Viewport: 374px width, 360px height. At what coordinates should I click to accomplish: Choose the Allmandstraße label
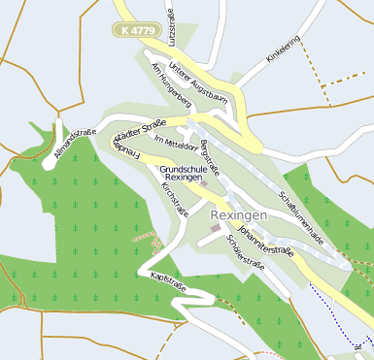pyautogui.click(x=75, y=145)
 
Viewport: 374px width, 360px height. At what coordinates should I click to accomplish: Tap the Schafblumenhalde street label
pyautogui.click(x=300, y=211)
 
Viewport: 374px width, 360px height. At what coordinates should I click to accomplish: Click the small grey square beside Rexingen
pyautogui.click(x=216, y=228)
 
